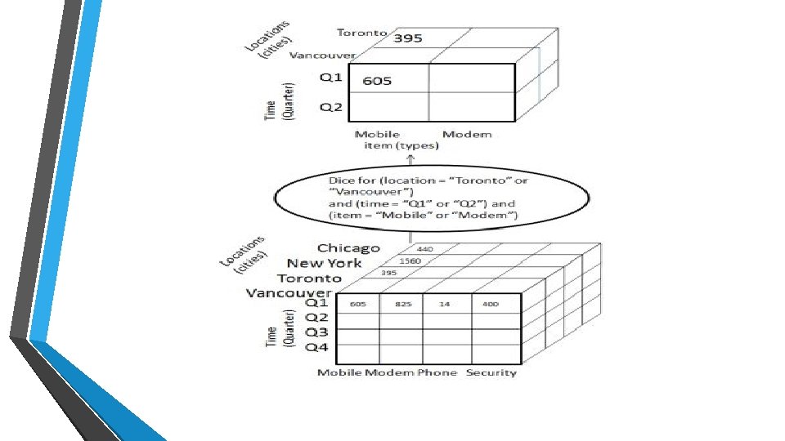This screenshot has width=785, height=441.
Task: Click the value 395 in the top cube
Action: [x=408, y=38]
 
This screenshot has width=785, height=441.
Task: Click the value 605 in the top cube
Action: [x=377, y=80]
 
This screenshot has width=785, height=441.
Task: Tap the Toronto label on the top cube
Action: [x=362, y=33]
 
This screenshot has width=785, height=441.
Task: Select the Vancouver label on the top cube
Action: [x=323, y=56]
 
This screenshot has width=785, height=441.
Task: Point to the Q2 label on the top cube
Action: [x=331, y=107]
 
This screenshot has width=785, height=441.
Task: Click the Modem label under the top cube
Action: [x=467, y=134]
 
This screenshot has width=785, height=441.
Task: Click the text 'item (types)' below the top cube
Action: [x=401, y=145]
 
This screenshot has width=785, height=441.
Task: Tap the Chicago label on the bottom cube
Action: [x=348, y=247]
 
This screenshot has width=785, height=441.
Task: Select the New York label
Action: [x=324, y=263]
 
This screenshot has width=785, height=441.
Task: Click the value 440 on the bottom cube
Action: [x=425, y=248]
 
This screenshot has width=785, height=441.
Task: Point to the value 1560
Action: [x=409, y=261]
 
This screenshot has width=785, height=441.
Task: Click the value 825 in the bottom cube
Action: [x=403, y=304]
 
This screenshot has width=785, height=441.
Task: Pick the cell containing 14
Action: [x=444, y=304]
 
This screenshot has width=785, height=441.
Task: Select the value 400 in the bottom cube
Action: [x=490, y=304]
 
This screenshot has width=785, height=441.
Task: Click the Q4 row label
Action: [x=317, y=347]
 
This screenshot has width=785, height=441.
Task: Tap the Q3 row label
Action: [x=317, y=332]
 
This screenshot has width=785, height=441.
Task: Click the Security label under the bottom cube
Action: [x=491, y=372]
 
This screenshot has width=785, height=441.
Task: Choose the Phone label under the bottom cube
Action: [x=437, y=372]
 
